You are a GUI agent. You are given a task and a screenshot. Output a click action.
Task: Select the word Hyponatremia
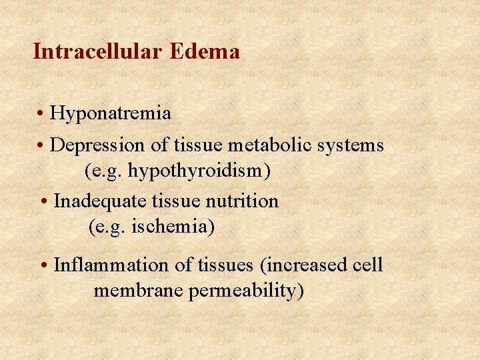111,114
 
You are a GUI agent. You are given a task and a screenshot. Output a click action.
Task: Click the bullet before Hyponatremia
41,114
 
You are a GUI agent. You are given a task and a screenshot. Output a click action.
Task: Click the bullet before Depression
41,145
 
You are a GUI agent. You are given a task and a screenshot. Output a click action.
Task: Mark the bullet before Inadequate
44,201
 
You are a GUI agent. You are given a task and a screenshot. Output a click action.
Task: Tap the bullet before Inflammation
44,265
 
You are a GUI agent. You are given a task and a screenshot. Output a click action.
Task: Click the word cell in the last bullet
367,265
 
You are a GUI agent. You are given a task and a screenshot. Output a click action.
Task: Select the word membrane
138,291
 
